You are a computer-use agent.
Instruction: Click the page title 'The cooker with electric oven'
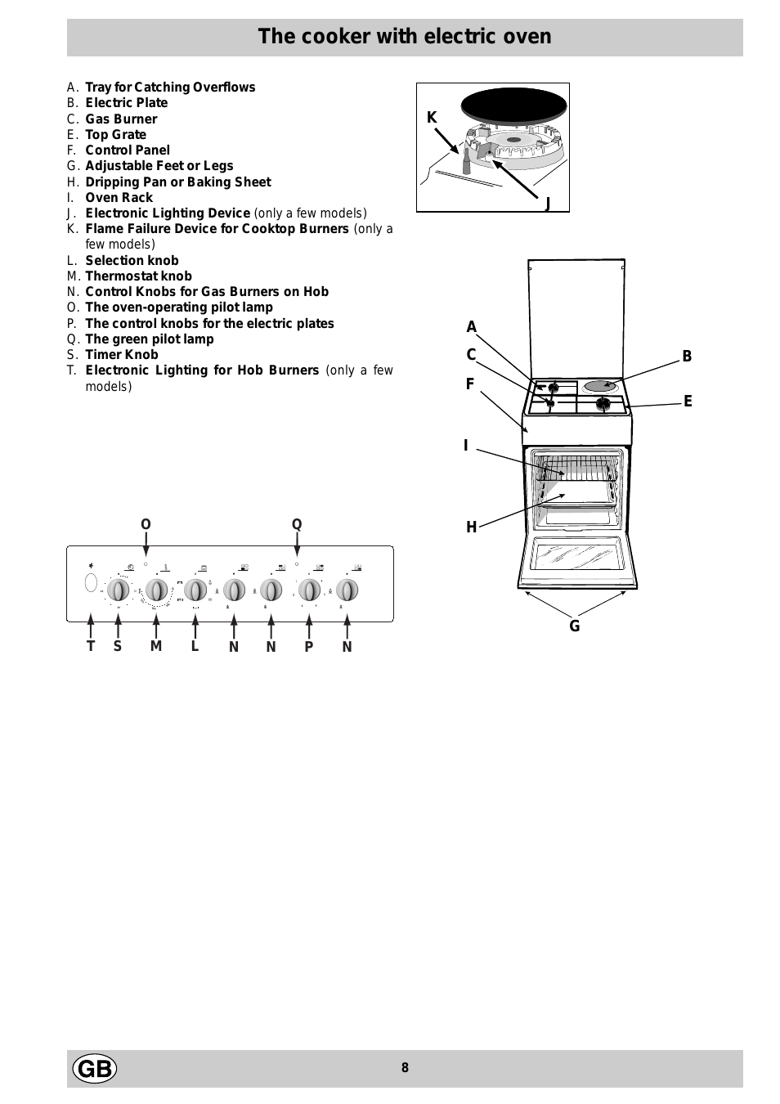point(405,37)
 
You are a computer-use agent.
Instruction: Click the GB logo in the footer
point(95,1069)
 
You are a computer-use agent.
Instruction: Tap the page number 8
point(405,1068)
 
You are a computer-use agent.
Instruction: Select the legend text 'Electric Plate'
point(127,103)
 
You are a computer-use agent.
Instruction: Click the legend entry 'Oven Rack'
point(119,198)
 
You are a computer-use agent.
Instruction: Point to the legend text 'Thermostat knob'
point(139,276)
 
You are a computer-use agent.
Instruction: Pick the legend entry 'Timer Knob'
point(122,355)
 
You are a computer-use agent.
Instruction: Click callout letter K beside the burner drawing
point(432,118)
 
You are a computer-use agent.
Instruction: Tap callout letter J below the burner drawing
point(547,204)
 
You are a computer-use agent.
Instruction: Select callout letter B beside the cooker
point(687,357)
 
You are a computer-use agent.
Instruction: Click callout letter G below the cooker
point(575,626)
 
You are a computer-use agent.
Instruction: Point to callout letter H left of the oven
point(471,527)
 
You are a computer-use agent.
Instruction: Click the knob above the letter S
point(119,590)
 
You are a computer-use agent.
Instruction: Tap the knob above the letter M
point(156,590)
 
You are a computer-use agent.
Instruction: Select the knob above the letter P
point(309,590)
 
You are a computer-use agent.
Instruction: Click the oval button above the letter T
point(91,584)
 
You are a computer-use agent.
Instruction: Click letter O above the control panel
point(146,525)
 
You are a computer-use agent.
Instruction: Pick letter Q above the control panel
point(297,525)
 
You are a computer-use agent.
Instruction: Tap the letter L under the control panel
point(195,646)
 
